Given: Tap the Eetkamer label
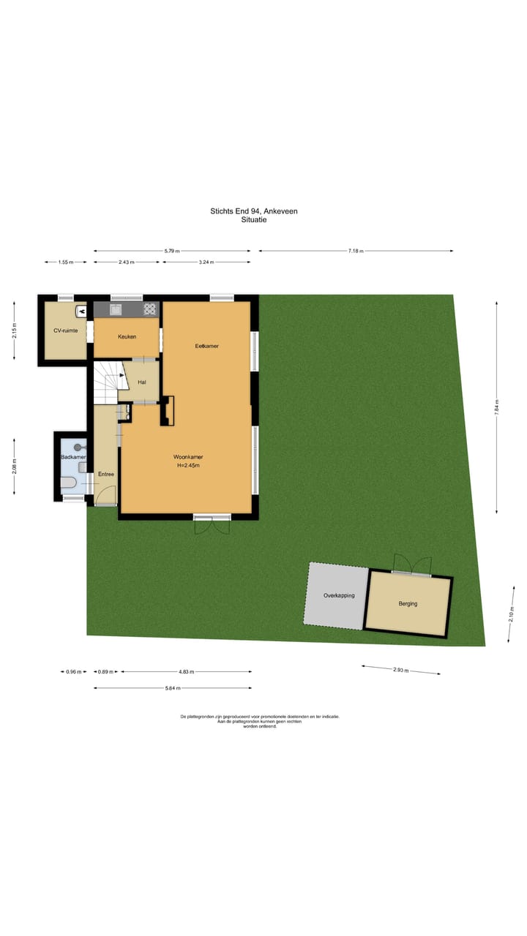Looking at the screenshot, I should click(206, 345).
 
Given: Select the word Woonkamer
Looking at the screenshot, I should click(188, 457).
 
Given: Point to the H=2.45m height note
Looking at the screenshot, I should click(188, 465).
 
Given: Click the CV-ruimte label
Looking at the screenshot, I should click(65, 331).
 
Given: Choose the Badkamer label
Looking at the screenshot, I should click(73, 457).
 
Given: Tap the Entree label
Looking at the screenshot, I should click(106, 475).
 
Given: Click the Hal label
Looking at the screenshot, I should click(141, 381).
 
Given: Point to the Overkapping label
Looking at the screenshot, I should click(339, 595).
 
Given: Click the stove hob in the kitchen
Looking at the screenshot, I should click(149, 309).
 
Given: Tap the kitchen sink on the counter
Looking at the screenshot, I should click(116, 309).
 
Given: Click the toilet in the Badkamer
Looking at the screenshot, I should click(67, 482).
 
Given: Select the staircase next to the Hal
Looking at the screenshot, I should click(106, 382).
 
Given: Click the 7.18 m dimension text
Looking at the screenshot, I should click(356, 251).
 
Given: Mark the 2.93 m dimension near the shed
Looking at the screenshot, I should click(400, 670).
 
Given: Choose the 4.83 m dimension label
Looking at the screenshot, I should click(187, 671).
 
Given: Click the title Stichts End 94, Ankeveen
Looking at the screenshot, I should click(253, 211).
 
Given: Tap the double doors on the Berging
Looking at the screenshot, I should click(411, 565).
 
